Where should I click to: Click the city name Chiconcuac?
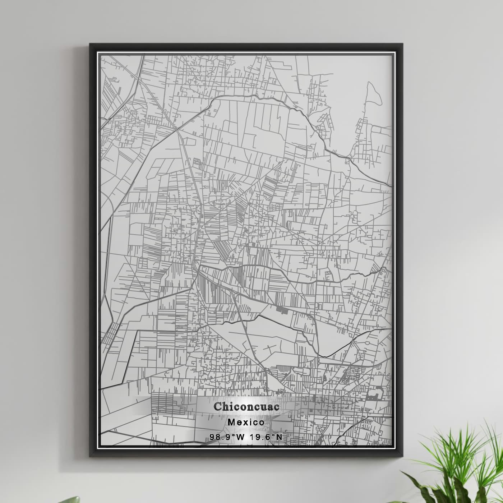(x=246, y=406)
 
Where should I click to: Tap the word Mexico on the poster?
(x=246, y=422)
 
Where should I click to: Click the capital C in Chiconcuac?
(x=218, y=406)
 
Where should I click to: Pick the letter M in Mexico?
(x=232, y=422)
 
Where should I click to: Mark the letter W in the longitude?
(x=240, y=437)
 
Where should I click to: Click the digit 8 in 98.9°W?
(x=217, y=437)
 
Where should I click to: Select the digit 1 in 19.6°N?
(x=252, y=437)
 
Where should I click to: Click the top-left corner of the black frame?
(x=90, y=44)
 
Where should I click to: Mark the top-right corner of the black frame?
(x=402, y=44)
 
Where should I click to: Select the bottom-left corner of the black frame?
(x=90, y=456)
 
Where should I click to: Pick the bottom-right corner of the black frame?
(x=402, y=456)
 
